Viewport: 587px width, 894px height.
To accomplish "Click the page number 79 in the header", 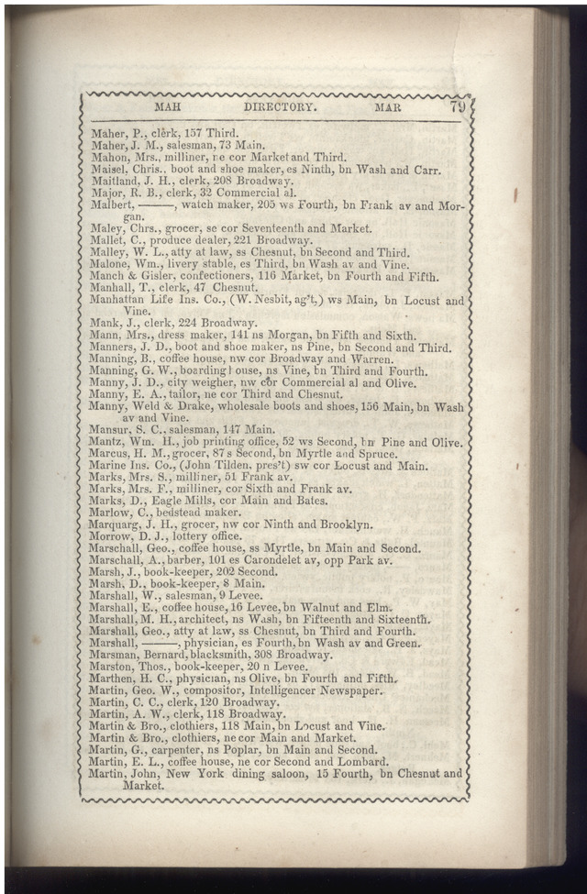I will pyautogui.click(x=458, y=106).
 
